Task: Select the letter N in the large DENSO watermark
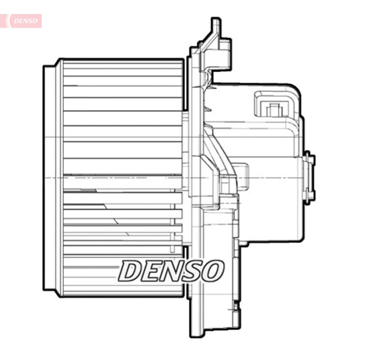[x=172, y=271]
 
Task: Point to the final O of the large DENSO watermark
[x=214, y=271]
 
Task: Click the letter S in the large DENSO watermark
[x=193, y=271]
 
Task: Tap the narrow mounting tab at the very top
[x=215, y=28]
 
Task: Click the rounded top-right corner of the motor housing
[x=296, y=91]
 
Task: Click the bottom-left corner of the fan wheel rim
[x=46, y=288]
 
